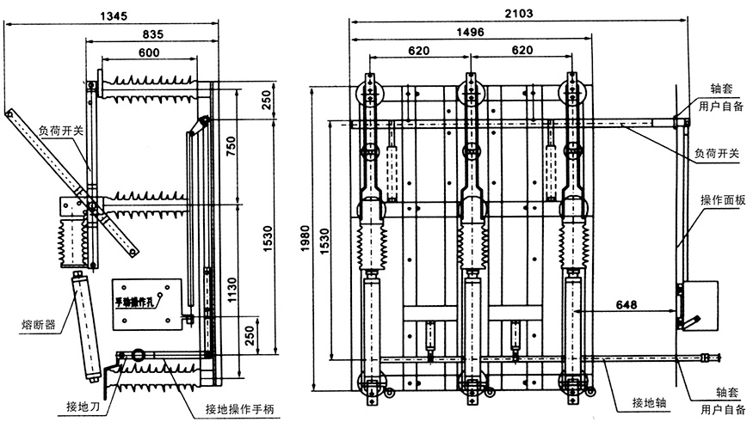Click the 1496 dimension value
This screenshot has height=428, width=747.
pyautogui.click(x=470, y=32)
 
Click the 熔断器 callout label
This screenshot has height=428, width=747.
pyautogui.click(x=39, y=325)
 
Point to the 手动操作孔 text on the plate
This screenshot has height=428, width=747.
pyautogui.click(x=140, y=302)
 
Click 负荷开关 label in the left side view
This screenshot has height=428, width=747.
pyautogui.click(x=61, y=131)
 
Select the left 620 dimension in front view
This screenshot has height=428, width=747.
pyautogui.click(x=418, y=51)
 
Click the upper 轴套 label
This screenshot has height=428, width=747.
pyautogui.click(x=720, y=89)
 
